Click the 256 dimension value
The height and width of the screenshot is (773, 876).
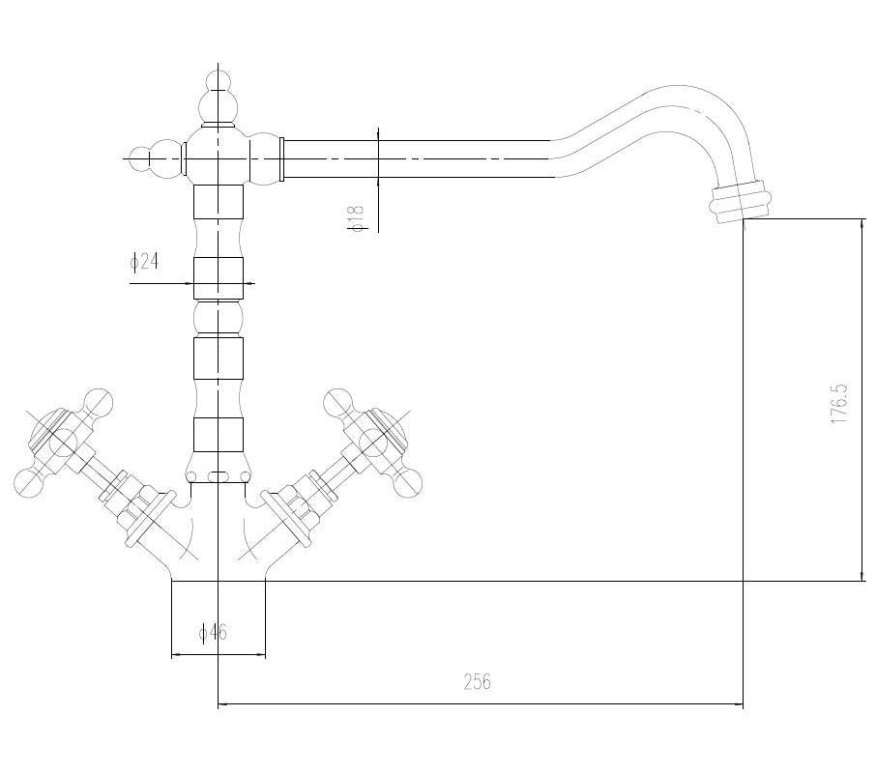477,681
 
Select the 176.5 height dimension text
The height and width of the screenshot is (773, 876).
839,404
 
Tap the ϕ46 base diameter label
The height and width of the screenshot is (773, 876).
214,632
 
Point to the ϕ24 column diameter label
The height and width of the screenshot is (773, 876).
144,261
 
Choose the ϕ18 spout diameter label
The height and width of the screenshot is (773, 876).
356,217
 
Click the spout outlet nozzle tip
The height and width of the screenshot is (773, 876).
741,202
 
